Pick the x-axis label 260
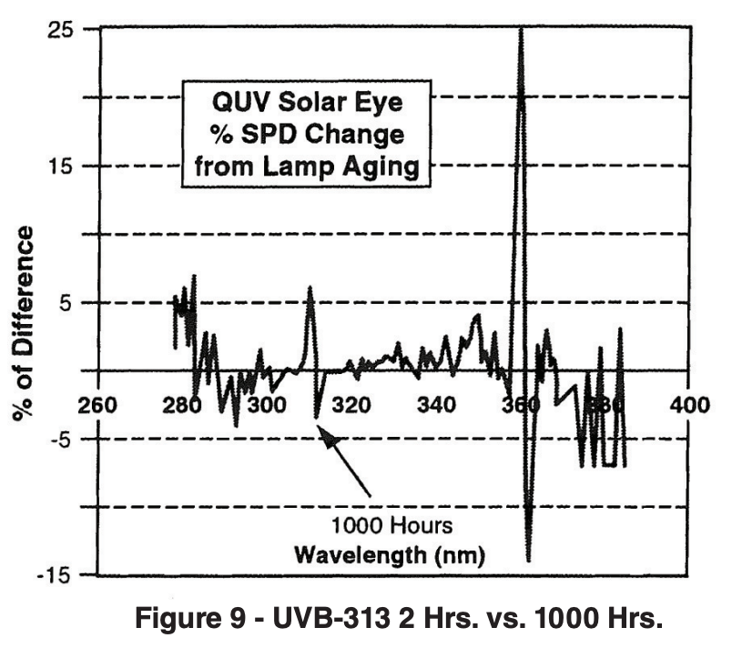pyautogui.click(x=98, y=404)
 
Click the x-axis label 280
pyautogui.click(x=182, y=404)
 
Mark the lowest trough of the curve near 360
pyautogui.click(x=528, y=557)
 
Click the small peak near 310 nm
pyautogui.click(x=310, y=289)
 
